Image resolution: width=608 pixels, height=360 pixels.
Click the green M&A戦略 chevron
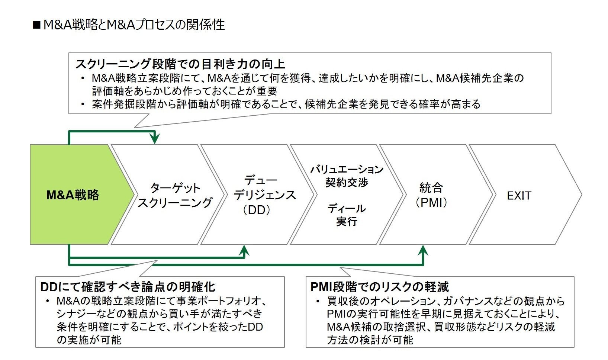click(73, 195)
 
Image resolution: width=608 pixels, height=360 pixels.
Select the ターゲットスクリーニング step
click(174, 195)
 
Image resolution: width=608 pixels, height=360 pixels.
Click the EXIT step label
click(519, 196)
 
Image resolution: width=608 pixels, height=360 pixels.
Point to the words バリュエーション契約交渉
click(347, 176)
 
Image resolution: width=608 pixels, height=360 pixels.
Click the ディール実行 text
click(347, 215)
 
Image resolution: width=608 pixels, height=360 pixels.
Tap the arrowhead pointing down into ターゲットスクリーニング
click(154, 139)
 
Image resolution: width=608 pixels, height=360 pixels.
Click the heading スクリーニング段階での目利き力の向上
click(180, 64)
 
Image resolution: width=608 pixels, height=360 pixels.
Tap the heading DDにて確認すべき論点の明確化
click(128, 287)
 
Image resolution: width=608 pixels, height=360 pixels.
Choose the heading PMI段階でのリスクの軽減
click(380, 287)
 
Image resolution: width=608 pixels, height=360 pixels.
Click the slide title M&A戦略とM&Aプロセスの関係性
click(134, 25)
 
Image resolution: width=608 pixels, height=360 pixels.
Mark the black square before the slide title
click(36, 25)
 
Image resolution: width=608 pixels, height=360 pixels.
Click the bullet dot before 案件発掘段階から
click(83, 105)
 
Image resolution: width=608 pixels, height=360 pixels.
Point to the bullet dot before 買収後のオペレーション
click(318, 301)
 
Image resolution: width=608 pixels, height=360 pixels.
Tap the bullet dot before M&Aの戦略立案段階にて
click(48, 301)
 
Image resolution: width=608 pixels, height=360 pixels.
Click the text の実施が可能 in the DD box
click(89, 340)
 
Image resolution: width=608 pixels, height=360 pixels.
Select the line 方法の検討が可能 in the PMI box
click(370, 340)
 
